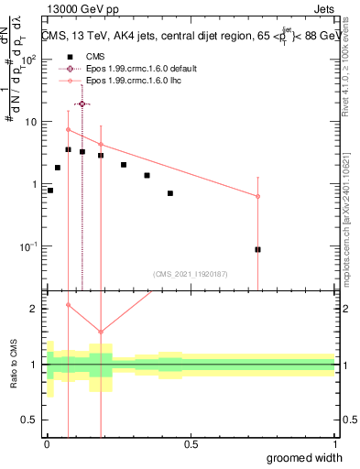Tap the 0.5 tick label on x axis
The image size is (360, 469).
point(191,444)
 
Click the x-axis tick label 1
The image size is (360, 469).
point(334,444)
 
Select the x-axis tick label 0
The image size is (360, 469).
point(47,444)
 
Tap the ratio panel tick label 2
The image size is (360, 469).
point(35,309)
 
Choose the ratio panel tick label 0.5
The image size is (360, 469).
point(31,420)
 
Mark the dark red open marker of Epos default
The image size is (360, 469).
point(82,104)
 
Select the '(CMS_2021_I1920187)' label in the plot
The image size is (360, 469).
point(190,273)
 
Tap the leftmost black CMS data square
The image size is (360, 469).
point(50,191)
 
